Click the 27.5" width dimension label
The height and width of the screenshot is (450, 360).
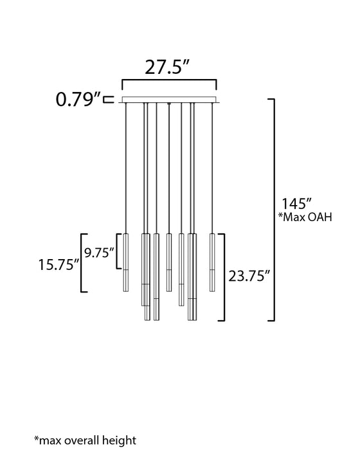[167, 67]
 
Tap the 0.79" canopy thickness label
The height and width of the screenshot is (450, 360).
[78, 99]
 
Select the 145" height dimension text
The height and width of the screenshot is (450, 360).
[296, 204]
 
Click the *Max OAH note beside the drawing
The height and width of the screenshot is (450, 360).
[305, 217]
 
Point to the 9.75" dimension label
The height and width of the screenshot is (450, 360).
[99, 253]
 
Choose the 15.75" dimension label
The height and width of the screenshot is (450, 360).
[59, 264]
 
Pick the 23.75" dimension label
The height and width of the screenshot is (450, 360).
[249, 276]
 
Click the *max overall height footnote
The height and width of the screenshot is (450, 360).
[85, 440]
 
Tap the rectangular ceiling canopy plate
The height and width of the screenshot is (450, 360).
[169, 100]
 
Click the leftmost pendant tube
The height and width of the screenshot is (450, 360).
[126, 262]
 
